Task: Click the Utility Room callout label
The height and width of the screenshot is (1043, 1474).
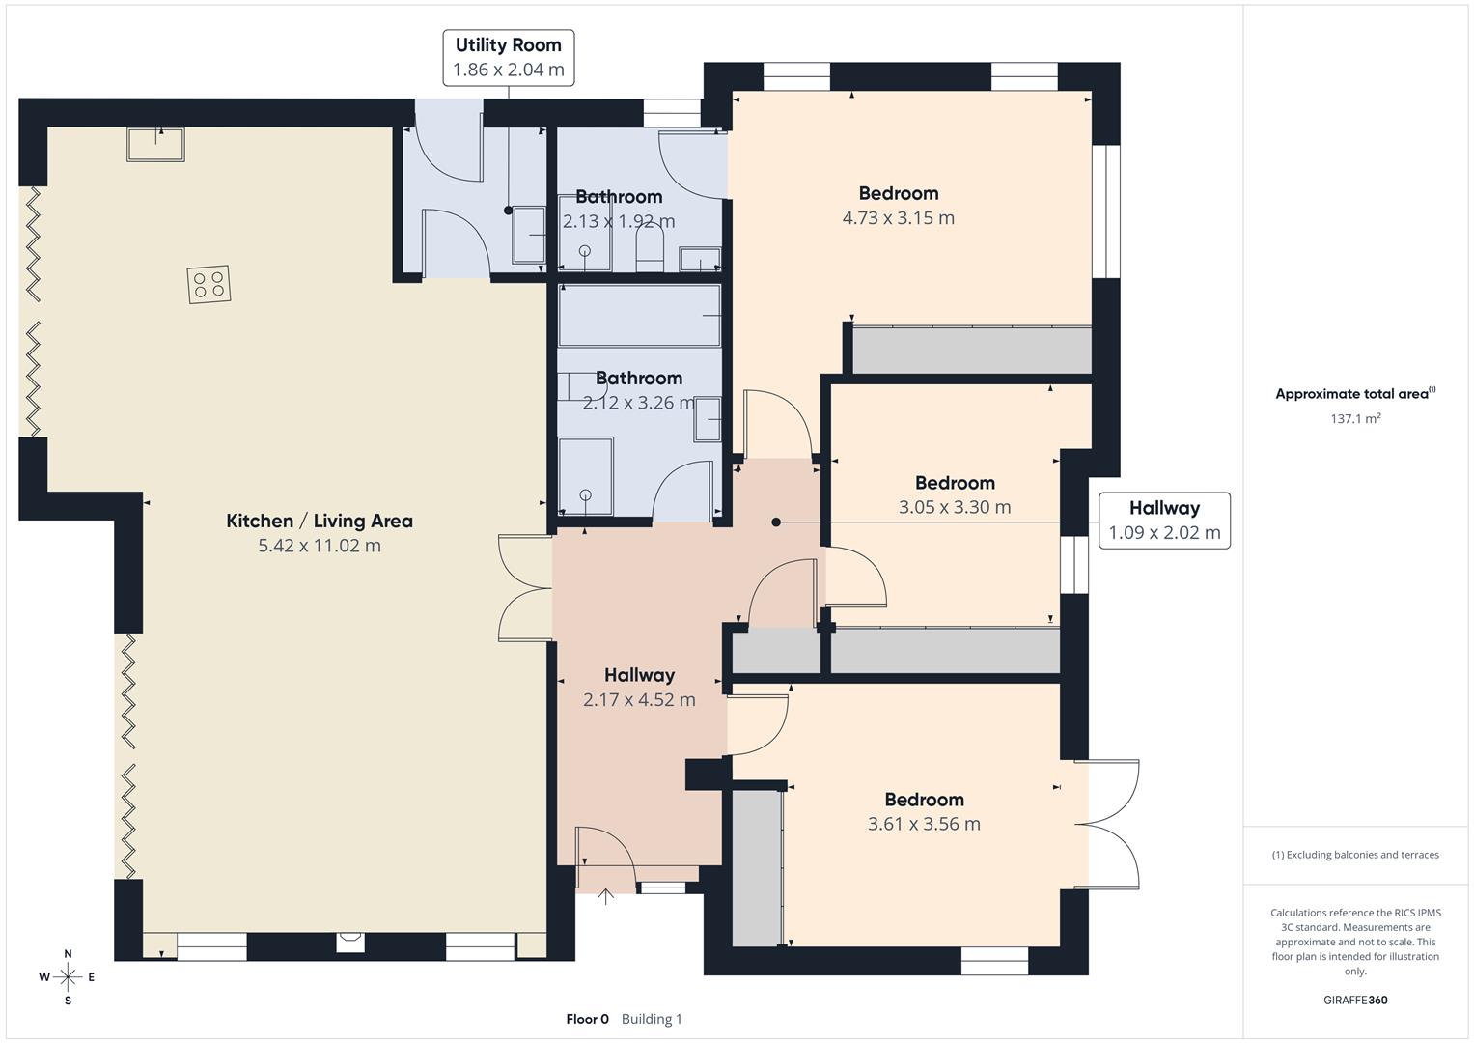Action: [508, 58]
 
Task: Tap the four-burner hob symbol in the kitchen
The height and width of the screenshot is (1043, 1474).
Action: [209, 285]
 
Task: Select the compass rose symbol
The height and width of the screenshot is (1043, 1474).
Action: [68, 977]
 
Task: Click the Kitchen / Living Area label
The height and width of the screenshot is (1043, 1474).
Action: [320, 521]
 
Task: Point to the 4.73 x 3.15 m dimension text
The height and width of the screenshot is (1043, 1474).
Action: [898, 218]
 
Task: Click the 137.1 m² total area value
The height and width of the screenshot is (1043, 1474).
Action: [1355, 418]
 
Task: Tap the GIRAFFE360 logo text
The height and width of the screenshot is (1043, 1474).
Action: [1355, 1000]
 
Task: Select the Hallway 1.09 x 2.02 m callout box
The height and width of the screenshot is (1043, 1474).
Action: [1164, 521]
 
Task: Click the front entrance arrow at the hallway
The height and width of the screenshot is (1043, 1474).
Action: [605, 896]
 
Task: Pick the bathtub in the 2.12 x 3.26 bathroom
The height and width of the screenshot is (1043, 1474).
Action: [639, 315]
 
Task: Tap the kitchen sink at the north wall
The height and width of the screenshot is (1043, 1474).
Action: [155, 145]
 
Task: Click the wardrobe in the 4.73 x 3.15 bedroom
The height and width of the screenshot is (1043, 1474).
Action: [971, 350]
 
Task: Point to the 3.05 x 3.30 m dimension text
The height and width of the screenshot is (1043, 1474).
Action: [955, 507]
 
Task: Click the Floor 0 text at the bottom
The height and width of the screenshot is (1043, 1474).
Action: [587, 1019]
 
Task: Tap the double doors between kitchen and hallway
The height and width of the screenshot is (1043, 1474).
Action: [524, 587]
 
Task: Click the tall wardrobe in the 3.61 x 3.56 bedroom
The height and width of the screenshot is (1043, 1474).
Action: [756, 867]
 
